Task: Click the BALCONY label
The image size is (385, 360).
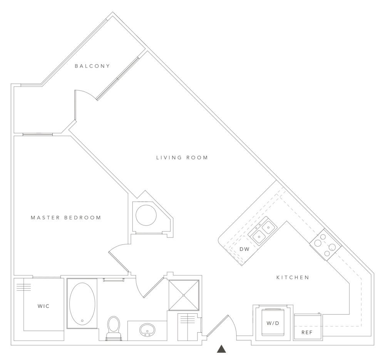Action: (92, 66)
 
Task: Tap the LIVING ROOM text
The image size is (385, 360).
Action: (182, 157)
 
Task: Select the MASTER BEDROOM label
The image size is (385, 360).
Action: (66, 218)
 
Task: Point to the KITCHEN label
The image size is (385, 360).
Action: (293, 277)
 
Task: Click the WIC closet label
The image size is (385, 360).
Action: (44, 306)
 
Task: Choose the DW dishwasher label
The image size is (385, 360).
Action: (244, 249)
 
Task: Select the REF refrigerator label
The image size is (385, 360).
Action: (307, 331)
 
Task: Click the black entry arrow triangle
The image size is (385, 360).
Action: (221, 349)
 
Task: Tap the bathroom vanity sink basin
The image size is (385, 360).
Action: (147, 330)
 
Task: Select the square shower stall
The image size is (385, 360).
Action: (184, 295)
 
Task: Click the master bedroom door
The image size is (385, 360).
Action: (119, 260)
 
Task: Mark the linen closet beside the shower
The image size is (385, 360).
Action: (187, 327)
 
